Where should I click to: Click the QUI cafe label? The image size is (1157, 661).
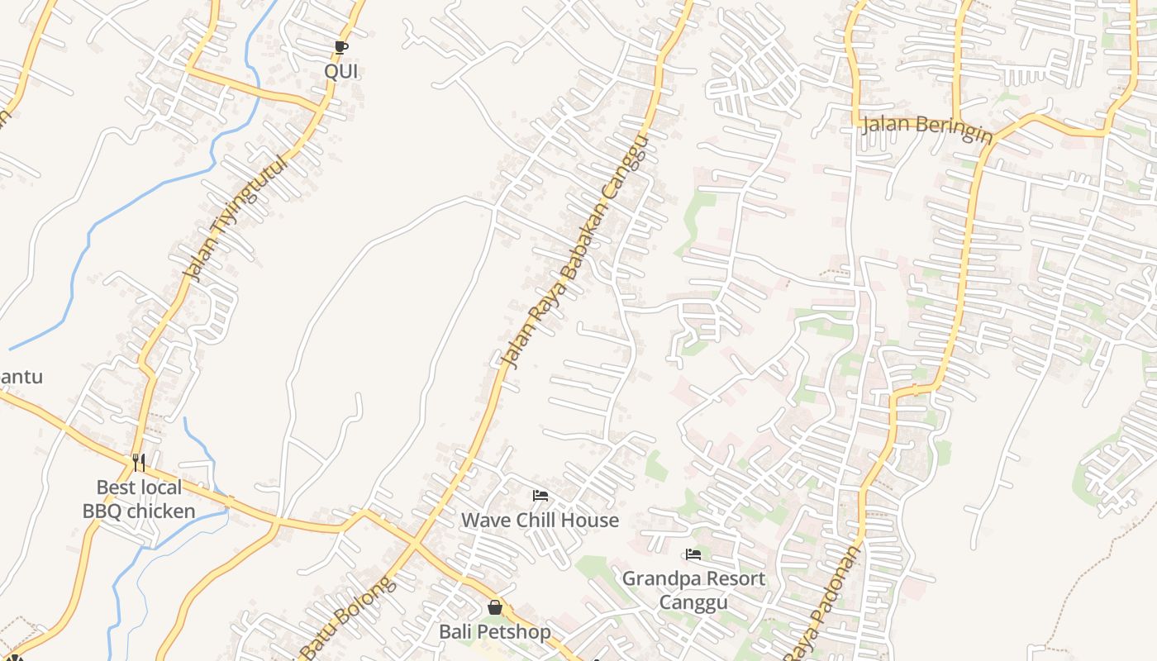pyautogui.click(x=340, y=71)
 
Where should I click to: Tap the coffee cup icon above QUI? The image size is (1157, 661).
pyautogui.click(x=341, y=47)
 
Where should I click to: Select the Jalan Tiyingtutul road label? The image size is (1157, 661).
pyautogui.click(x=236, y=218)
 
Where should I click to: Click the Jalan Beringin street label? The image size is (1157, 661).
pyautogui.click(x=926, y=128)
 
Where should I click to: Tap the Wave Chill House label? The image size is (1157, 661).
pyautogui.click(x=540, y=520)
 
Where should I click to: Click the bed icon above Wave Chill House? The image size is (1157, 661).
pyautogui.click(x=540, y=496)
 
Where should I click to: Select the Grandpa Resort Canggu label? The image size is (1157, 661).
pyautogui.click(x=693, y=590)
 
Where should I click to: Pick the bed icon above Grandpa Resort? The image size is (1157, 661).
pyautogui.click(x=693, y=554)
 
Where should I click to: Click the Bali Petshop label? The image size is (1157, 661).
pyautogui.click(x=494, y=632)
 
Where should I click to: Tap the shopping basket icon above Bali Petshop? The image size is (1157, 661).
pyautogui.click(x=495, y=608)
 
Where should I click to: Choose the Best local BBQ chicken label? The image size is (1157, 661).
pyautogui.click(x=139, y=499)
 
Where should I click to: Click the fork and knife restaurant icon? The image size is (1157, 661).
pyautogui.click(x=139, y=463)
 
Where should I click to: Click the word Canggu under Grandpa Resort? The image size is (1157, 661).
pyautogui.click(x=693, y=602)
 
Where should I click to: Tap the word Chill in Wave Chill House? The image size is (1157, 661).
pyautogui.click(x=540, y=520)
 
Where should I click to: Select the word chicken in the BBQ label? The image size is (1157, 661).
pyautogui.click(x=161, y=511)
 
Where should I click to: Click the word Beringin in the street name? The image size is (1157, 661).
pyautogui.click(x=949, y=131)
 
